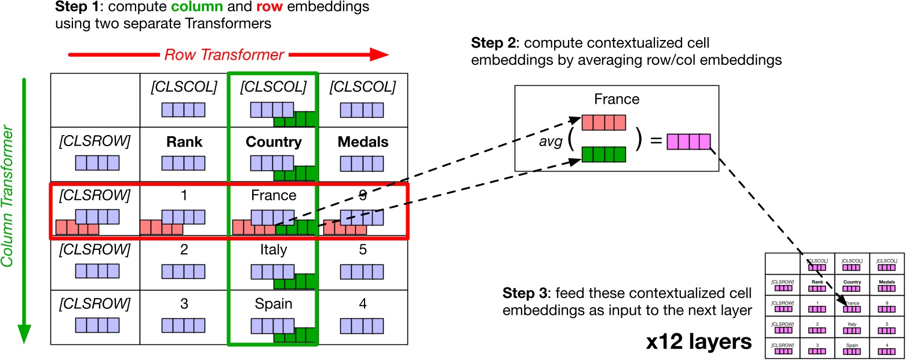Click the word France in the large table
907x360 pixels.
273,196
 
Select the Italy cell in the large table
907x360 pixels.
273,250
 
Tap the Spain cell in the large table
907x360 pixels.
273,304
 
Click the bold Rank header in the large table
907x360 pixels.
184,142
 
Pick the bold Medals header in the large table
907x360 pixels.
362,142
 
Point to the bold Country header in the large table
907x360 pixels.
273,142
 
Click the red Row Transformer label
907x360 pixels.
224,55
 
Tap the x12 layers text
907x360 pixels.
699,342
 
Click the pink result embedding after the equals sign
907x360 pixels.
689,141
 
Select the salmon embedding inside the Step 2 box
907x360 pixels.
604,123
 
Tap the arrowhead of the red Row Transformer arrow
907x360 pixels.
378,55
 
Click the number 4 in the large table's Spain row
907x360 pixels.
362,304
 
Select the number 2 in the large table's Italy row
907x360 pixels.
184,250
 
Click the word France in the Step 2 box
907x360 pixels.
617,99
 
